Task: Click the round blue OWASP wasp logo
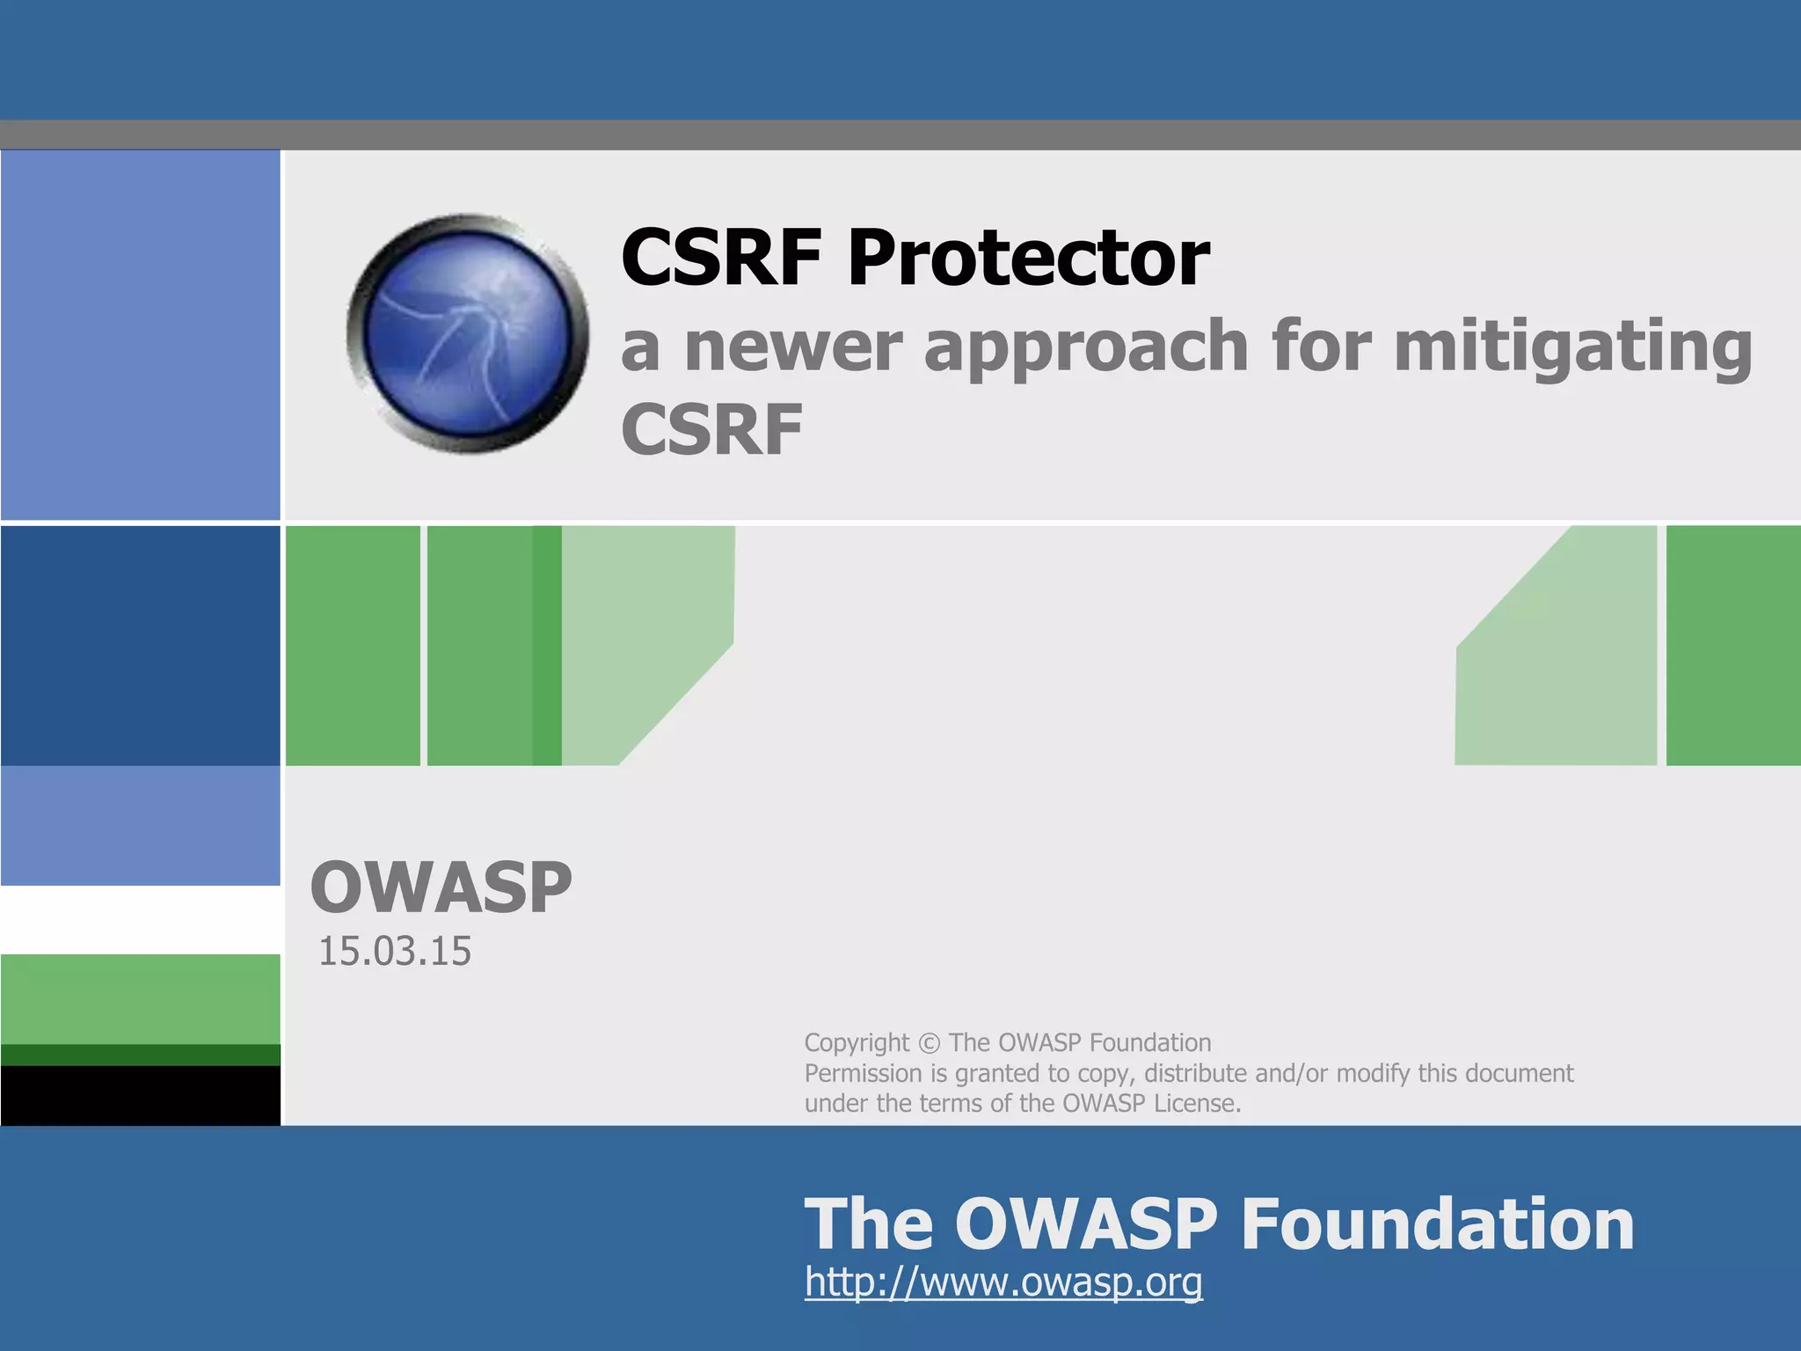click(468, 334)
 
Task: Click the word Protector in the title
click(1028, 258)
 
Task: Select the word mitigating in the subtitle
click(1573, 347)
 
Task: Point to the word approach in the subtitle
click(1086, 347)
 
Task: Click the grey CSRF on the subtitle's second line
click(711, 430)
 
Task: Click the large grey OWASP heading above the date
click(441, 887)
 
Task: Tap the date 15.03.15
click(394, 952)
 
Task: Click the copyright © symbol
click(929, 1043)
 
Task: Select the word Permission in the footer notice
click(863, 1073)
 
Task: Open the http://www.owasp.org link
click(1003, 1282)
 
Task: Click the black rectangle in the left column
click(141, 1095)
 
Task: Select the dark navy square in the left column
click(141, 645)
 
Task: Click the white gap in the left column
click(141, 919)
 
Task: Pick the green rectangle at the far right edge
click(1732, 645)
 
